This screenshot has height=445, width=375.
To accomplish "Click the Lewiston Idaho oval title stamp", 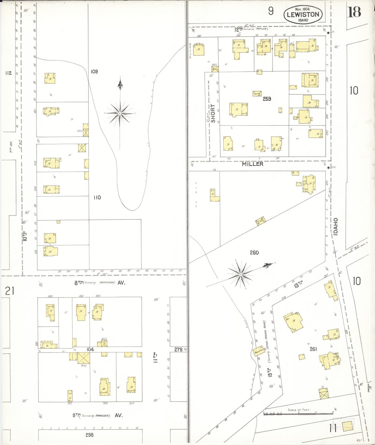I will pyautogui.click(x=303, y=15).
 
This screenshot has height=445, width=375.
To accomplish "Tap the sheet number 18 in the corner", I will pyautogui.click(x=354, y=12).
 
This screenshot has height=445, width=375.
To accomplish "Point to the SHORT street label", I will pyautogui.click(x=213, y=113).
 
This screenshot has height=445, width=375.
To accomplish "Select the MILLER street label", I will pyautogui.click(x=253, y=164).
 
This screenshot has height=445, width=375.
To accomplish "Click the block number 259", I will pyautogui.click(x=267, y=99).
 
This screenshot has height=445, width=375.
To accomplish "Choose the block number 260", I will pyautogui.click(x=254, y=252).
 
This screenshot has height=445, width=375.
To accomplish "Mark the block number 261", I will pyautogui.click(x=313, y=349).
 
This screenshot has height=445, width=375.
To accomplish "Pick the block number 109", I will pyautogui.click(x=94, y=71).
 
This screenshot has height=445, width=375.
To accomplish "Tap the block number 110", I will pyautogui.click(x=97, y=198).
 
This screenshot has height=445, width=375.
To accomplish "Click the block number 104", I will pyautogui.click(x=90, y=349).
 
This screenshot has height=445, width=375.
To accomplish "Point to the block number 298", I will pyautogui.click(x=90, y=435).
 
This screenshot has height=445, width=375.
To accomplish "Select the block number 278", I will pyautogui.click(x=178, y=349).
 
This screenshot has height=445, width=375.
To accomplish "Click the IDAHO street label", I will pyautogui.click(x=336, y=227).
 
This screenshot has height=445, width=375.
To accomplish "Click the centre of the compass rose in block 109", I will pyautogui.click(x=120, y=113).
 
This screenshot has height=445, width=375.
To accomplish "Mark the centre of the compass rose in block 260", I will pyautogui.click(x=241, y=274).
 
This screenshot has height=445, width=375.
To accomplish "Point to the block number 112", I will pyautogui.click(x=8, y=73).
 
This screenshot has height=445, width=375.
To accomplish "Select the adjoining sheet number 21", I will pyautogui.click(x=10, y=291).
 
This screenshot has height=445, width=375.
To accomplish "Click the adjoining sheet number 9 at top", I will pyautogui.click(x=271, y=11).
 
